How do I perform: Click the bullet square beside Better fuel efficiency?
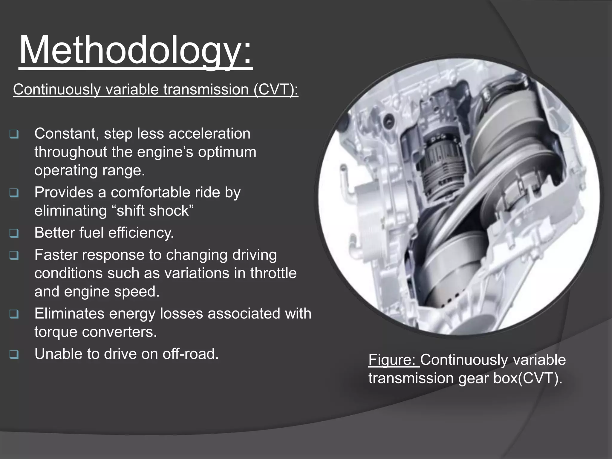tap(14, 233)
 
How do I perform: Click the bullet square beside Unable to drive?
tap(14, 354)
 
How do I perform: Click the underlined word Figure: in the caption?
tap(394, 359)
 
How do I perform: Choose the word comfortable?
tap(150, 192)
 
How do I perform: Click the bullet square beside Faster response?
tap(14, 255)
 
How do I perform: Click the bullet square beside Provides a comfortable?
tap(14, 193)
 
